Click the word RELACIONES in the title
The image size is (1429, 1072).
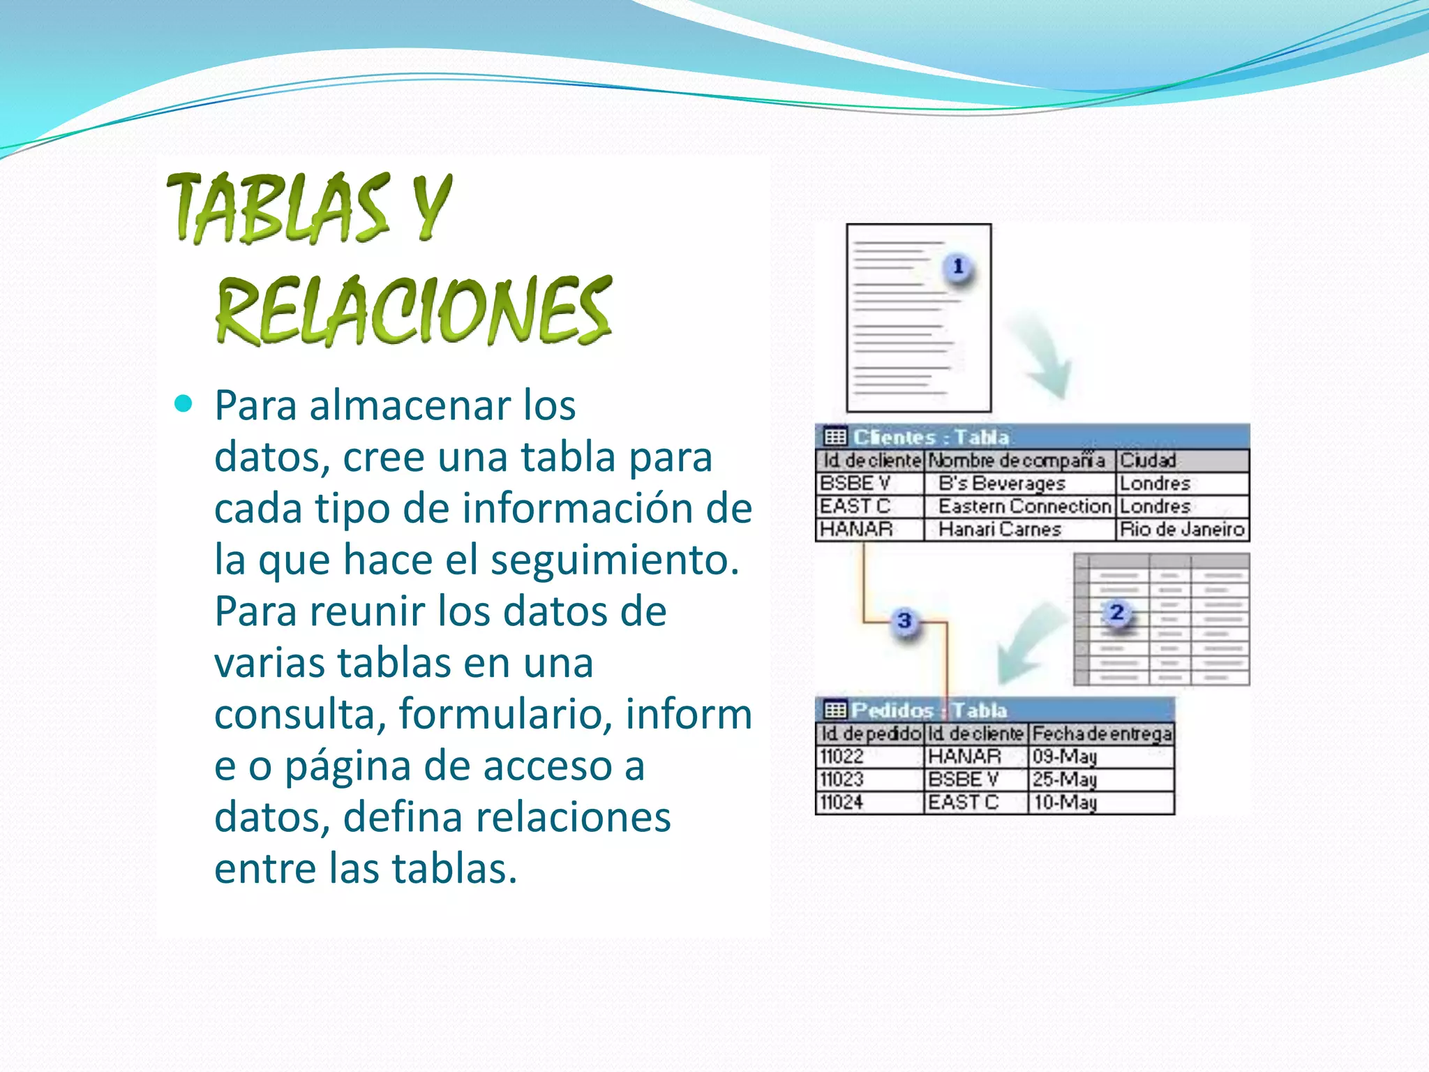(x=413, y=311)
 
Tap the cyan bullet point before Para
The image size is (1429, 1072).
(x=184, y=404)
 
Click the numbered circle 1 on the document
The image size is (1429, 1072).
(x=958, y=267)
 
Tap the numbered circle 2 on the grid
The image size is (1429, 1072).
(x=1116, y=613)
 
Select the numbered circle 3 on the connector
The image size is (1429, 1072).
(x=904, y=620)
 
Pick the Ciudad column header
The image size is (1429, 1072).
(x=1148, y=461)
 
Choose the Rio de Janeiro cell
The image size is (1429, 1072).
(x=1182, y=530)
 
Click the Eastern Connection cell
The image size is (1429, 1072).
(x=1024, y=507)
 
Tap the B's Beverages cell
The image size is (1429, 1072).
(x=1002, y=484)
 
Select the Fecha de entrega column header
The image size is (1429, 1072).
(x=1102, y=734)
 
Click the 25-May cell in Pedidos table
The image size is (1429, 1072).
(x=1065, y=780)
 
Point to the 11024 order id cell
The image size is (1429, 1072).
(x=842, y=803)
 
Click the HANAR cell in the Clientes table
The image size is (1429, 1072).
(x=856, y=530)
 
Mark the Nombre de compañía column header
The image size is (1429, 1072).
(x=1017, y=461)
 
